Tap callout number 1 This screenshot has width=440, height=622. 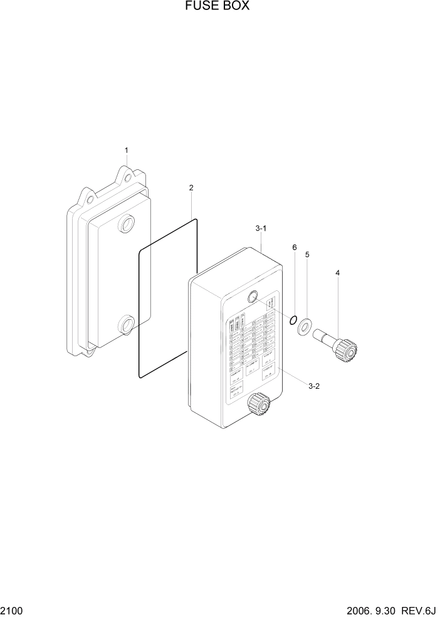pyautogui.click(x=126, y=150)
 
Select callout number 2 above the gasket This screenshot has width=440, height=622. pyautogui.click(x=191, y=187)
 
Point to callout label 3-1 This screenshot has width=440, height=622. pyautogui.click(x=261, y=229)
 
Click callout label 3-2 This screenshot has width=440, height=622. pyautogui.click(x=314, y=386)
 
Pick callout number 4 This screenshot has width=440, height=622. pyautogui.click(x=338, y=273)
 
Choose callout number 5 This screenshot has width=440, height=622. pyautogui.click(x=307, y=255)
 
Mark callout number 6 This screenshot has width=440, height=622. pyautogui.click(x=294, y=247)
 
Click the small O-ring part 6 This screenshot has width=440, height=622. pyautogui.click(x=292, y=320)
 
